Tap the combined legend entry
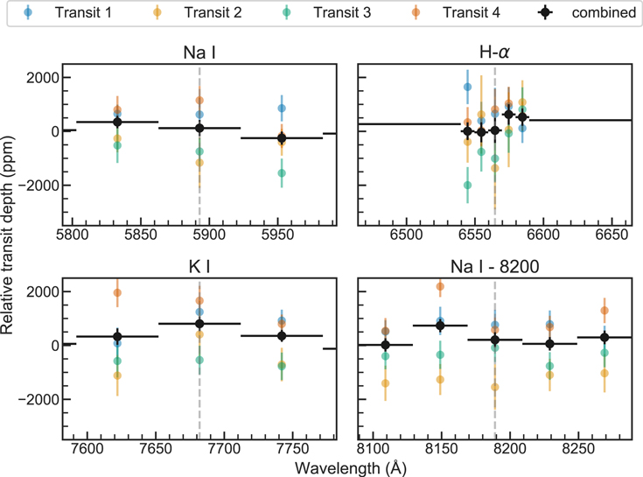tap(587, 12)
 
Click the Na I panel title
tap(199, 53)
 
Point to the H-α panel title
tap(494, 53)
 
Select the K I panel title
tap(199, 267)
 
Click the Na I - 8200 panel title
tap(494, 267)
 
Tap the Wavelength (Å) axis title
tap(351, 468)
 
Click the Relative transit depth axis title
tap(7, 235)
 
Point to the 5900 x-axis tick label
tap(209, 235)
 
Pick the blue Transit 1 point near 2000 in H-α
tap(467, 87)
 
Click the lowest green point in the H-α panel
tap(467, 186)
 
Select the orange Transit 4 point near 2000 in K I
tap(117, 293)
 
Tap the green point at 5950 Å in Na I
tap(282, 173)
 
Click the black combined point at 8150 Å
tap(440, 326)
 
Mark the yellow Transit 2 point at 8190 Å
tap(495, 387)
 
